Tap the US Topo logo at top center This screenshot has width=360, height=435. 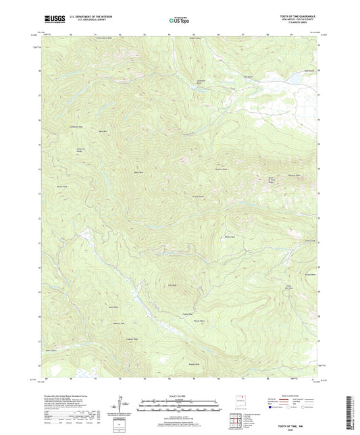179,20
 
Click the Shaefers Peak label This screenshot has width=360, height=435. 220,169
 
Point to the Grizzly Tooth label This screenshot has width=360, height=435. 198,197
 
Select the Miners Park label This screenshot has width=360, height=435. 228,236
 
